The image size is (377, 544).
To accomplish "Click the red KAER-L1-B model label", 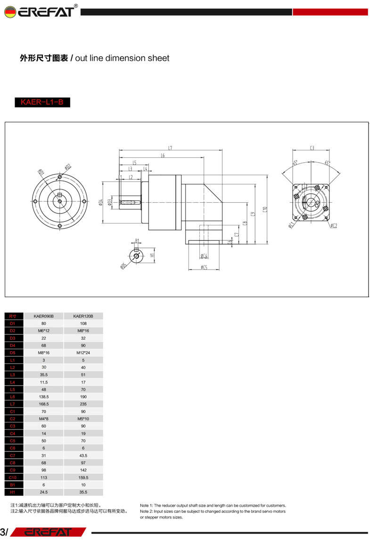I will pos(42,102).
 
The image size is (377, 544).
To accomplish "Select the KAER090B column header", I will pos(44,316).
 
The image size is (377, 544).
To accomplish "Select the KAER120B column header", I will pos(83,316).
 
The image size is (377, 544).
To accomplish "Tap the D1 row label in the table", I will pos(13,323).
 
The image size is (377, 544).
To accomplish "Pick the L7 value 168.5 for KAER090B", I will pos(44,404).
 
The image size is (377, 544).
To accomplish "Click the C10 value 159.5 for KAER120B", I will pos(83,477).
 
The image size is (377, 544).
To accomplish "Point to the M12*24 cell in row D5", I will pos(83,353).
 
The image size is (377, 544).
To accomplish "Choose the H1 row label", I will pos(13,492).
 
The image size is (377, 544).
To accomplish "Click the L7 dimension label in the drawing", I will pos(170,148).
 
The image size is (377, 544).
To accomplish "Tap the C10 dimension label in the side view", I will pos(265,209).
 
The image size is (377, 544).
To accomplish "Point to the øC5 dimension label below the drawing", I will pos(204,267).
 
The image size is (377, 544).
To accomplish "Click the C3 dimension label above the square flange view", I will pos(312,148).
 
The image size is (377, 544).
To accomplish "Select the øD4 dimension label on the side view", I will pos(100,203).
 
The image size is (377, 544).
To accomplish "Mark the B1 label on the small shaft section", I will pos(137,240).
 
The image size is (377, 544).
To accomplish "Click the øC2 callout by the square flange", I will pos(334,226).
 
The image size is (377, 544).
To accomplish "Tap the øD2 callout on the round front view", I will pos(68,166).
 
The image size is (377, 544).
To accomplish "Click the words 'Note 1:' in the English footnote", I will pos(148,505).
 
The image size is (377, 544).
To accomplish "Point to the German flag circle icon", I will pos(9,12).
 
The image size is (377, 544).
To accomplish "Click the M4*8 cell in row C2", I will pos(44,419).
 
